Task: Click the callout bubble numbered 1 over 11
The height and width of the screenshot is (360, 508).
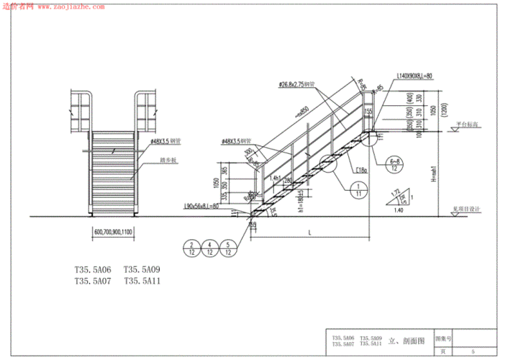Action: [358, 189]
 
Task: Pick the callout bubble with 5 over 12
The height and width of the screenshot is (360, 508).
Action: [228, 248]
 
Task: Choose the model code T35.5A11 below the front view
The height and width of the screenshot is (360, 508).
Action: [142, 281]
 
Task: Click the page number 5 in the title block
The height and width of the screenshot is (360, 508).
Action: [472, 351]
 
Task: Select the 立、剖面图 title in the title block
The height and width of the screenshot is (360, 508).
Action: [407, 340]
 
